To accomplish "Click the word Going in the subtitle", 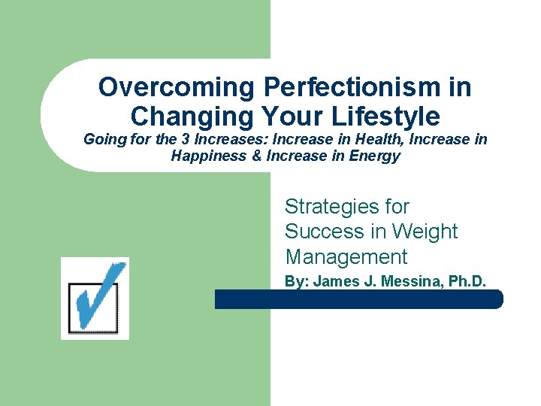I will tap(102, 140).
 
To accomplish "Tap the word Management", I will tap(346, 256).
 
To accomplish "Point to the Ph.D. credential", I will tap(467, 281).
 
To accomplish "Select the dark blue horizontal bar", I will tap(358, 299).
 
